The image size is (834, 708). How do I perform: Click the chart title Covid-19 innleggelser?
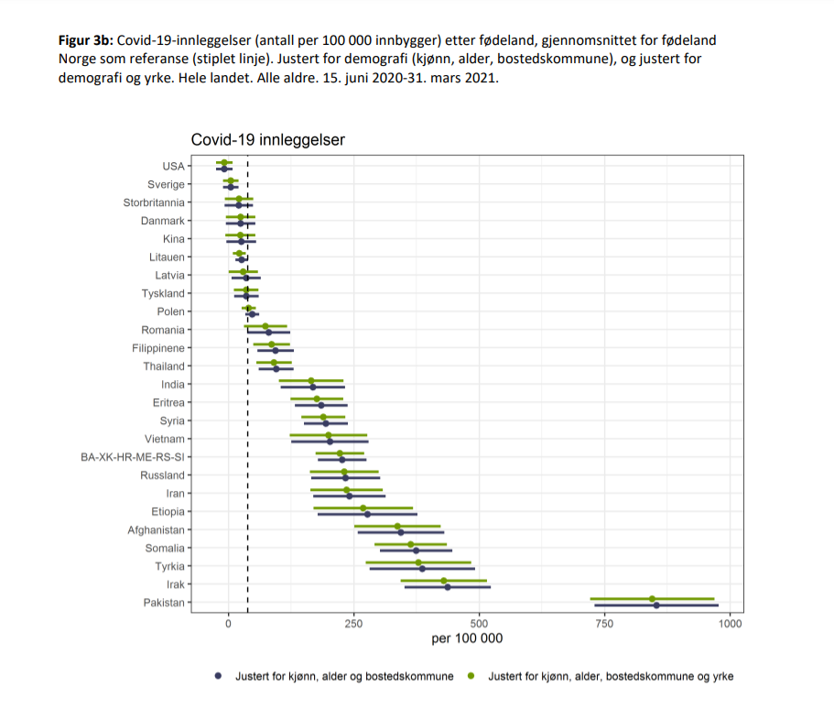(267, 140)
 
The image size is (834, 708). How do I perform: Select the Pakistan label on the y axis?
(164, 603)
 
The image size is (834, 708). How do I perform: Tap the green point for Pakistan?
(652, 599)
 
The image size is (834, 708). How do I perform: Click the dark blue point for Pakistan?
(656, 605)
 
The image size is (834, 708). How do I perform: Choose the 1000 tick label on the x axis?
(730, 623)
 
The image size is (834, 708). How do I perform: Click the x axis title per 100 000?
(467, 638)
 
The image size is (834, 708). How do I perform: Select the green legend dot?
(471, 676)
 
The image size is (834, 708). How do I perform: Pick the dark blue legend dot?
(219, 676)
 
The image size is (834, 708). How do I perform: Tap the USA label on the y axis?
(173, 167)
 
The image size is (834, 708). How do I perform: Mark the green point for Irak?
(444, 581)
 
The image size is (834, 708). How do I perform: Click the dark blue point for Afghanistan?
(400, 532)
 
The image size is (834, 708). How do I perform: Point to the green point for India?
(311, 381)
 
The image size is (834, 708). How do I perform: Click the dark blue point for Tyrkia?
(422, 569)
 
